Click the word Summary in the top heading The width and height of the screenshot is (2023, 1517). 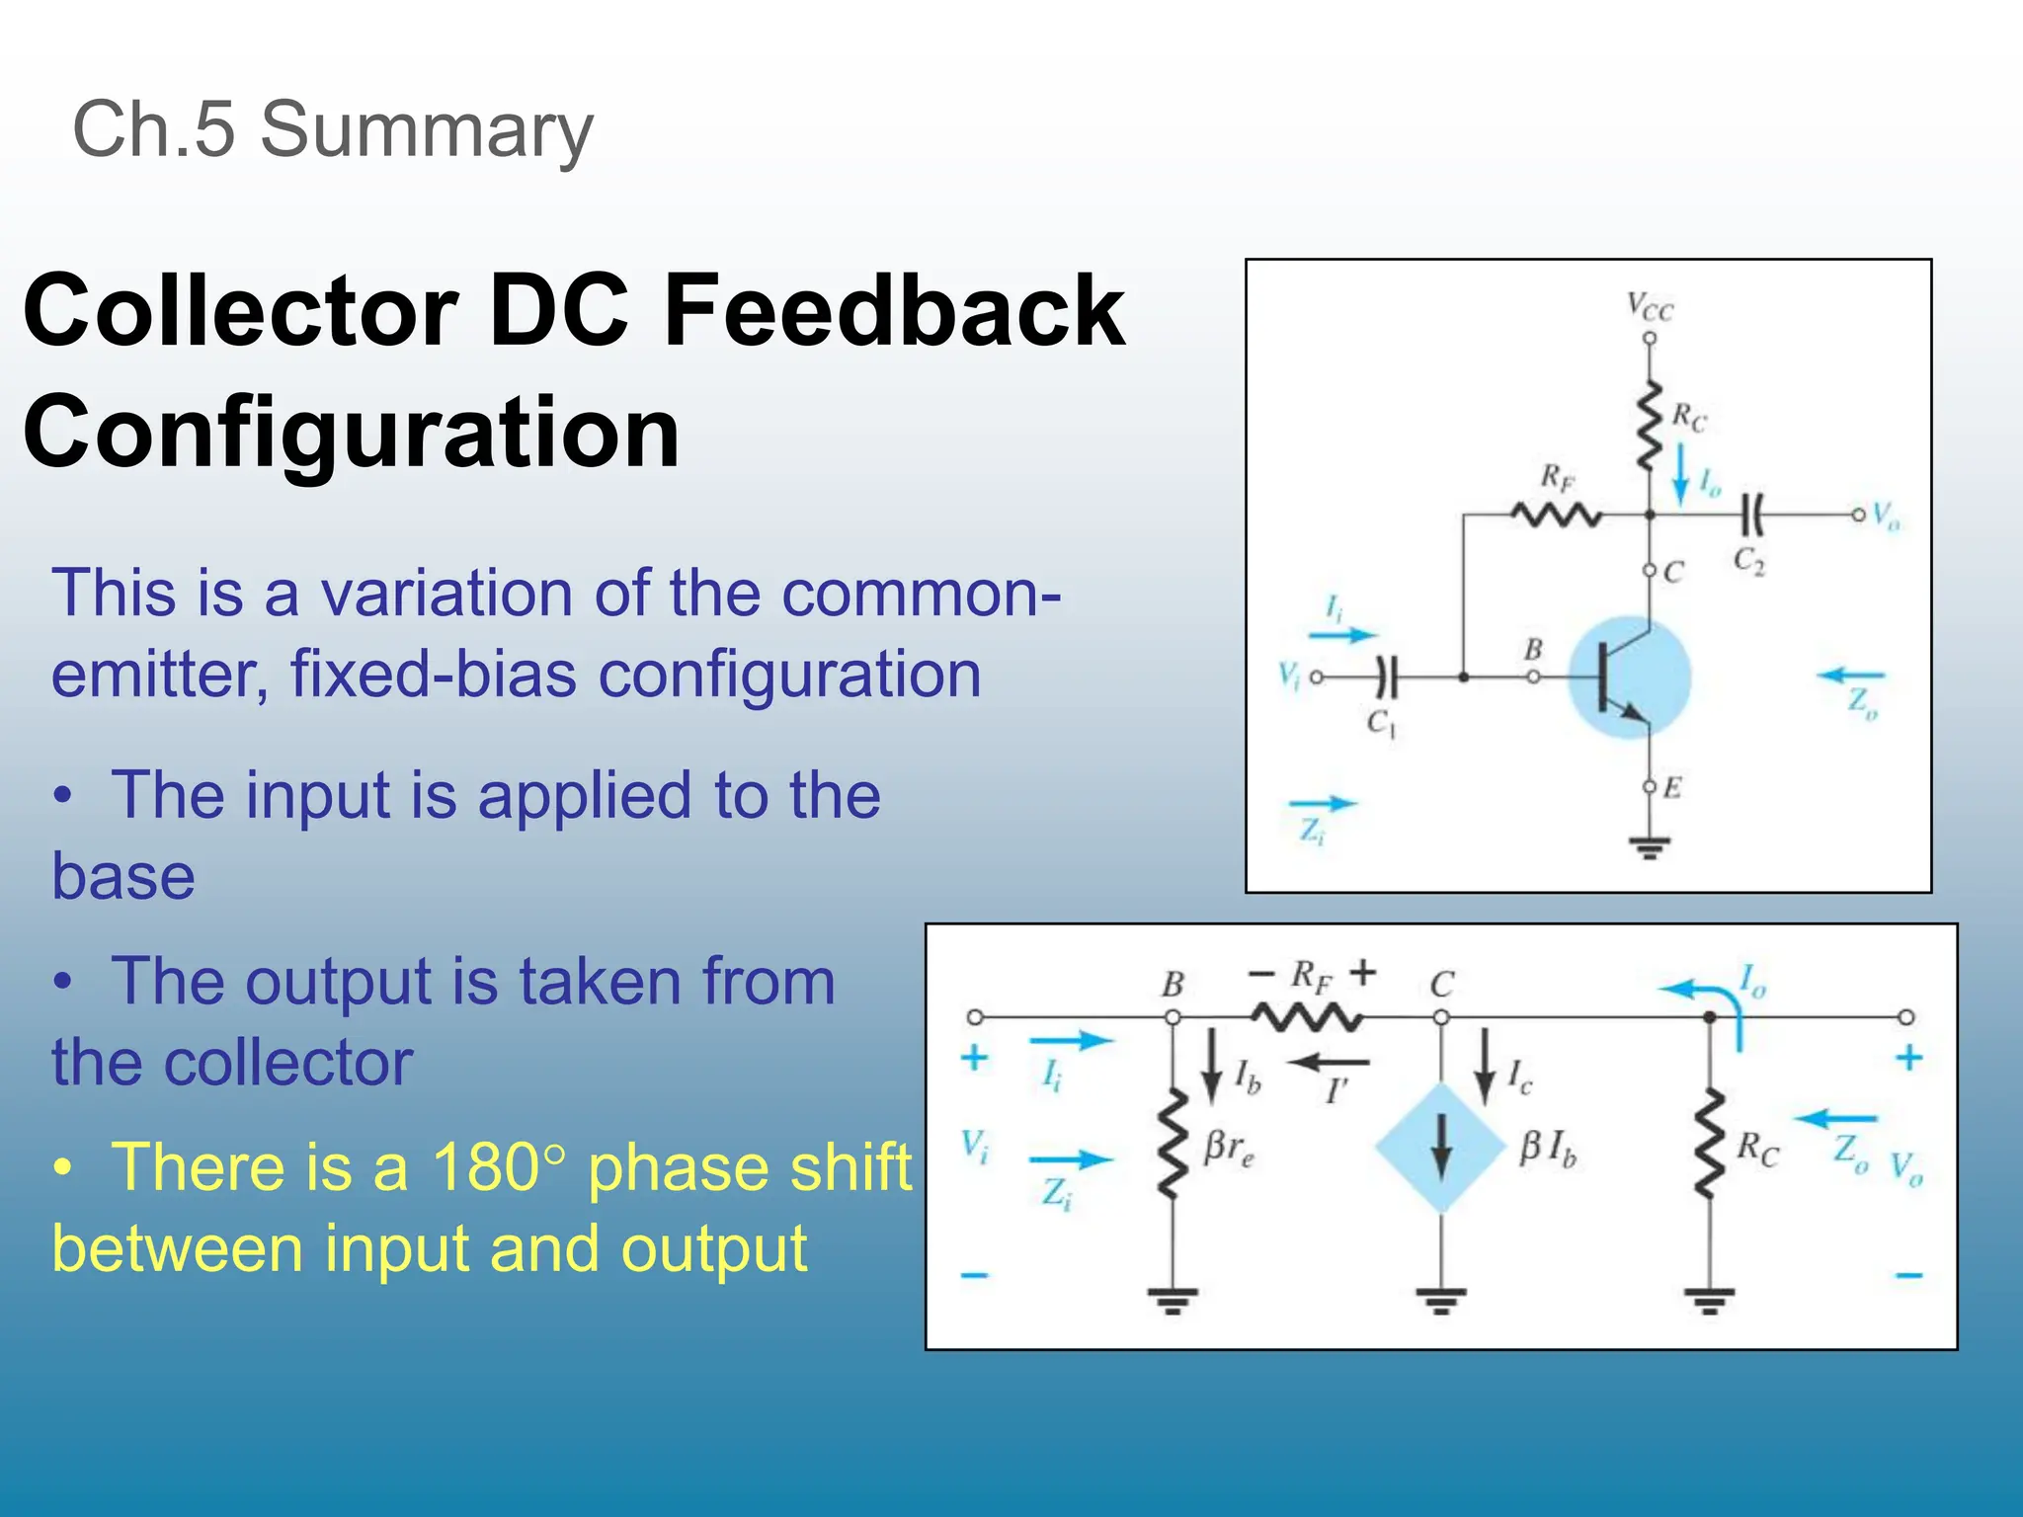point(426,130)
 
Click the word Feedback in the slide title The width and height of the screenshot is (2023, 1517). point(894,311)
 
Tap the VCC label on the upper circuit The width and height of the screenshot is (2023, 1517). point(1650,308)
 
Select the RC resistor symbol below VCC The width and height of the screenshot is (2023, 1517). point(1649,427)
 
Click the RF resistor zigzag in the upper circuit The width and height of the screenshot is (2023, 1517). point(1556,515)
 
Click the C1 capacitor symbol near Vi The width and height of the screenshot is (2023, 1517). point(1387,678)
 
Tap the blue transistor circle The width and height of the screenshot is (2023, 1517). point(1630,678)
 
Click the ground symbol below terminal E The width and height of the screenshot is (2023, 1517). point(1649,847)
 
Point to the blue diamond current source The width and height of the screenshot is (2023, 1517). point(1441,1148)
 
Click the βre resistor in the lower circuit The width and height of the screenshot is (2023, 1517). point(1173,1146)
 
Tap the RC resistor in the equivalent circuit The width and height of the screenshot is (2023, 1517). point(1709,1146)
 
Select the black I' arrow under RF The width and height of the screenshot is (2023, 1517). point(1329,1064)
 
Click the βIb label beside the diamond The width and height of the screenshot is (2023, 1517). point(1548,1148)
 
